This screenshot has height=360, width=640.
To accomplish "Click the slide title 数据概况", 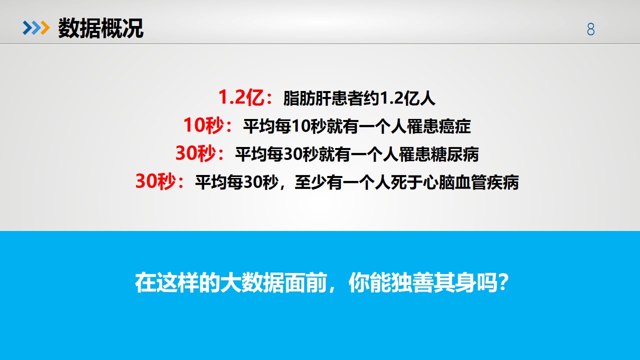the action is pyautogui.click(x=101, y=28).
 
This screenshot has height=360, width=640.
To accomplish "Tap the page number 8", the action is pyautogui.click(x=591, y=29).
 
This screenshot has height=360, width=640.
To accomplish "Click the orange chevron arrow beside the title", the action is pyautogui.click(x=45, y=28).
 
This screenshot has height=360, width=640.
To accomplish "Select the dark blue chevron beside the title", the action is pyautogui.click(x=28, y=28).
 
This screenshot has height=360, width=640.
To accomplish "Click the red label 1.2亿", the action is pyautogui.click(x=241, y=97).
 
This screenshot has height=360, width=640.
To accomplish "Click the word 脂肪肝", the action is pyautogui.click(x=307, y=98).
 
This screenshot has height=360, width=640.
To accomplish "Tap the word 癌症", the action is pyautogui.click(x=454, y=126).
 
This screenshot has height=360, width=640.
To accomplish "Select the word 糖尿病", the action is pyautogui.click(x=454, y=154).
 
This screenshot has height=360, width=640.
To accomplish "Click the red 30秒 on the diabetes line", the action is pyautogui.click(x=196, y=153).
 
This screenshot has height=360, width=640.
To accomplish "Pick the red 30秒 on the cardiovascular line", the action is pyautogui.click(x=156, y=181).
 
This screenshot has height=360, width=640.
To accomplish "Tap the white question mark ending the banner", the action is pyautogui.click(x=502, y=282).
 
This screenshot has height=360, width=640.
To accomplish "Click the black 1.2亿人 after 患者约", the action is pyautogui.click(x=408, y=98).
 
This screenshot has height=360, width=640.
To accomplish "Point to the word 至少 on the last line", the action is pyautogui.click(x=311, y=182).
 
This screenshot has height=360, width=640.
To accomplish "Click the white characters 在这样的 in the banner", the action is pyautogui.click(x=178, y=282).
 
